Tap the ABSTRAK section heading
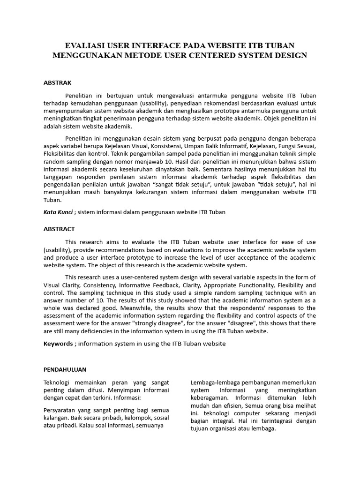(x=58, y=83)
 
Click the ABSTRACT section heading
(x=59, y=229)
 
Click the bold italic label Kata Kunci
(x=58, y=212)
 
